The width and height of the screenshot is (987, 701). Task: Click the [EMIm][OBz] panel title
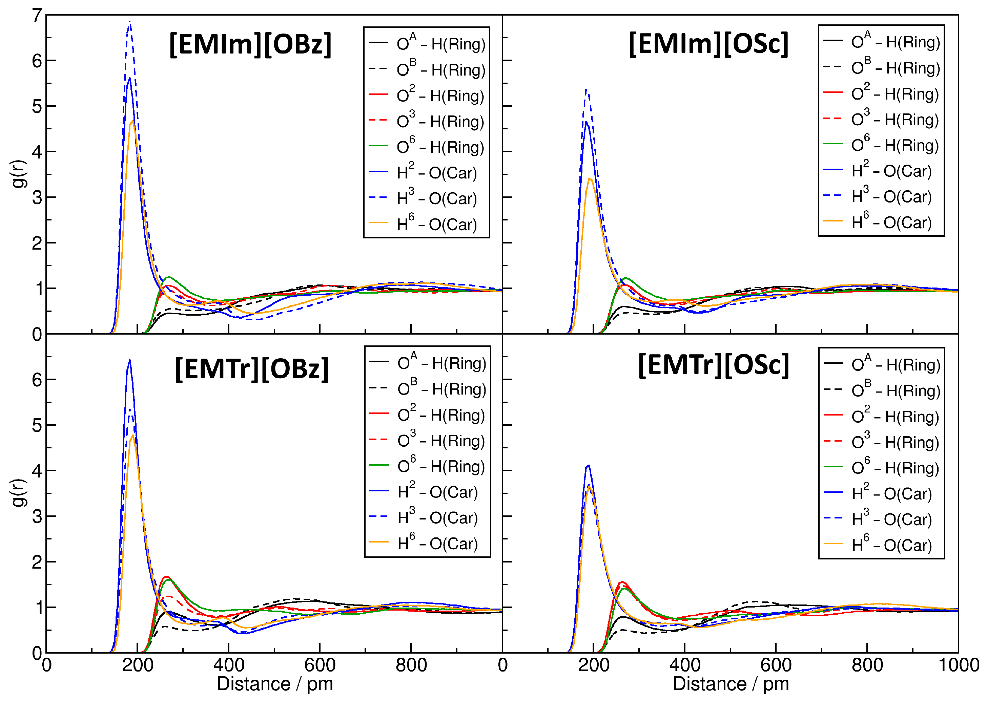pos(250,44)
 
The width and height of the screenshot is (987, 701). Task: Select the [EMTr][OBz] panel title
pos(252,369)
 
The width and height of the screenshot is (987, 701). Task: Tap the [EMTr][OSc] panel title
pos(713,365)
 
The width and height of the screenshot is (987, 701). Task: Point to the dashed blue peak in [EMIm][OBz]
pos(129,22)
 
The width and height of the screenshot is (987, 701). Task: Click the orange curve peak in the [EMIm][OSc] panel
pos(590,179)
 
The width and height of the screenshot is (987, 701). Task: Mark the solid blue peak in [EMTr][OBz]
pos(129,360)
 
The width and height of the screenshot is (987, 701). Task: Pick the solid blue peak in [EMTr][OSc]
pos(588,465)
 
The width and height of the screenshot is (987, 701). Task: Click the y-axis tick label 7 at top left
pos(37,16)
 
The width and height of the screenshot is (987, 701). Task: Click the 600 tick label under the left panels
pos(320,665)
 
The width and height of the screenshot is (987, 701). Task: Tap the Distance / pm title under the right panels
pos(731,684)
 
